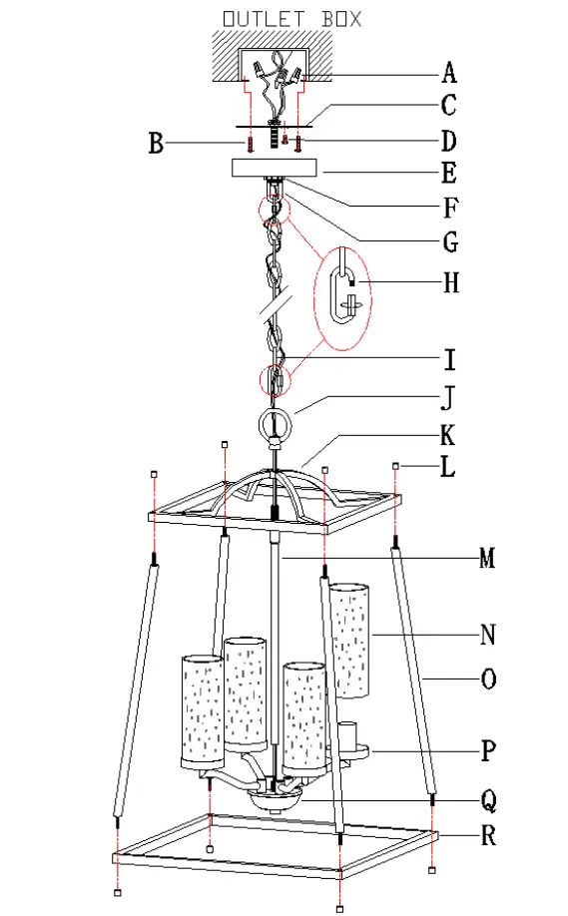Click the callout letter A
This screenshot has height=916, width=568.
pos(449,72)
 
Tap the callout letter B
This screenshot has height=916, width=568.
pos(156,144)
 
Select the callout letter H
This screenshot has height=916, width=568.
pos(450,283)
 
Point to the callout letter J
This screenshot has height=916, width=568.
pos(448,399)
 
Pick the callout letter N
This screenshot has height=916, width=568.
pos(487,635)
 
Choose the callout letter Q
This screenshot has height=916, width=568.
pos(487,799)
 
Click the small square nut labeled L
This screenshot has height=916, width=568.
pos(396,466)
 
